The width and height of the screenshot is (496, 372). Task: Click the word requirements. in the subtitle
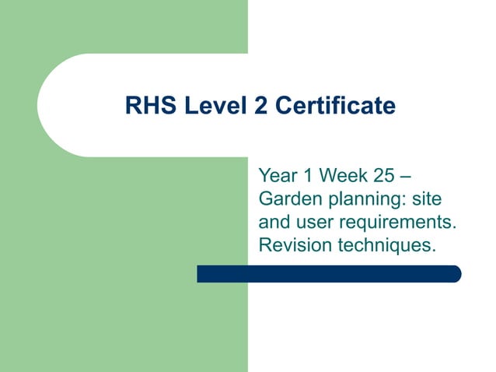point(395,223)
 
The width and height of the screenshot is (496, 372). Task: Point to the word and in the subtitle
point(274,222)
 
